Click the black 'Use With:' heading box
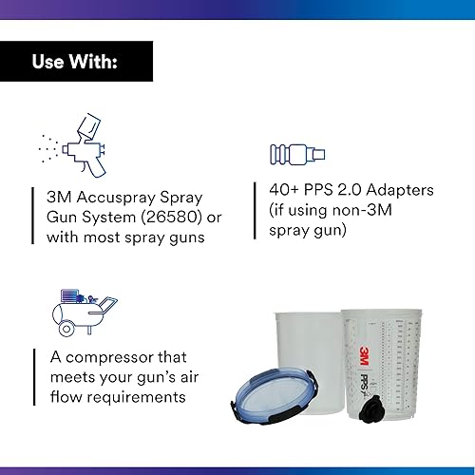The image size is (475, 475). [x=76, y=64]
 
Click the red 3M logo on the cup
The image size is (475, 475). [x=365, y=355]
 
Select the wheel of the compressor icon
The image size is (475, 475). [x=66, y=329]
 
